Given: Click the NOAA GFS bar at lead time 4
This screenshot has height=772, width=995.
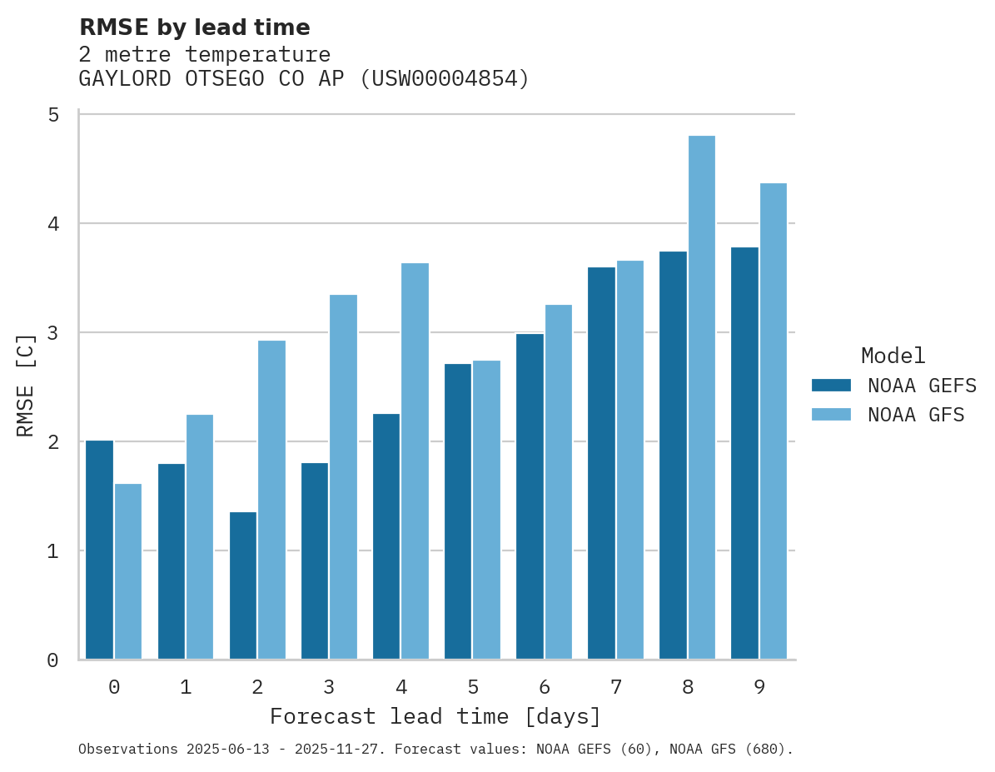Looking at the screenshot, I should click(415, 461).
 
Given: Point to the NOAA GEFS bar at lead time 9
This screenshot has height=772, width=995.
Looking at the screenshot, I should click(744, 453).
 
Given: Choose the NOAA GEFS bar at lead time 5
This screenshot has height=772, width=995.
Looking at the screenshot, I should click(458, 511).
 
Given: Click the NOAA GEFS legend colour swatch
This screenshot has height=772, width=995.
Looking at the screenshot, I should click(831, 386).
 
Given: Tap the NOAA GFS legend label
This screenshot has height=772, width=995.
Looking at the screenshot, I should click(916, 415).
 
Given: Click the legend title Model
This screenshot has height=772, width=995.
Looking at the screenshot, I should click(893, 356).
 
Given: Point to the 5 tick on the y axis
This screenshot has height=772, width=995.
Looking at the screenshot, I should click(53, 115).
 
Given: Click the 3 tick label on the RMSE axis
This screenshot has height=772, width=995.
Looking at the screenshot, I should click(53, 333).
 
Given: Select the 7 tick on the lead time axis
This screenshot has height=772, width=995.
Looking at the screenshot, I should click(616, 687).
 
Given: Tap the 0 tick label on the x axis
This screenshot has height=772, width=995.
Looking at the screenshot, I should click(114, 687).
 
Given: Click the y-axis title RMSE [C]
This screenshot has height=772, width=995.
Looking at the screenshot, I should click(26, 385).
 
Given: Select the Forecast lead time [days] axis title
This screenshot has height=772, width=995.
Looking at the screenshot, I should click(435, 717).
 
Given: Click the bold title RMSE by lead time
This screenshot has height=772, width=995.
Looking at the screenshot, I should click(194, 27).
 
